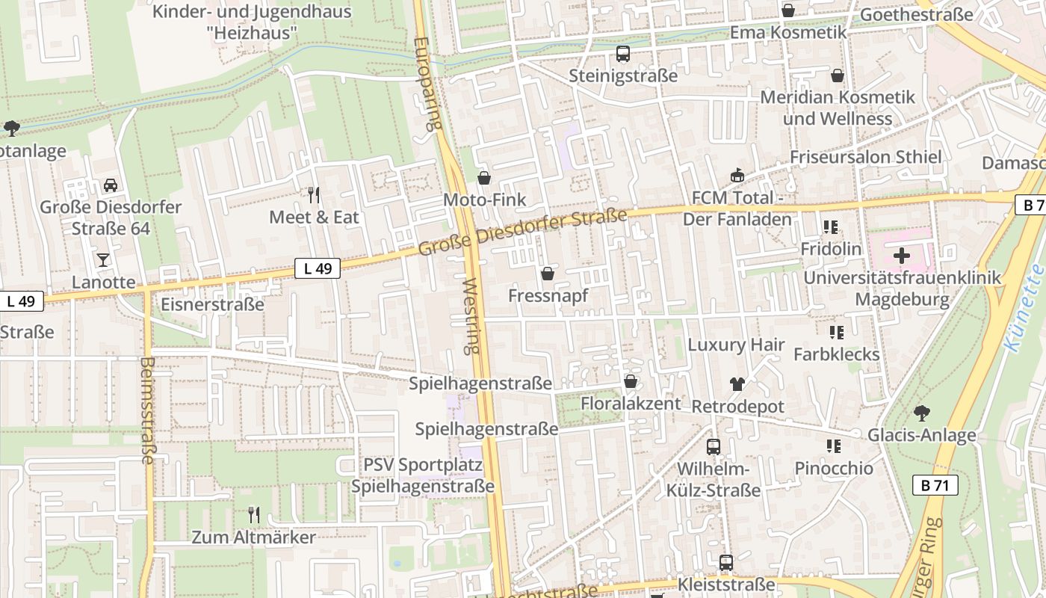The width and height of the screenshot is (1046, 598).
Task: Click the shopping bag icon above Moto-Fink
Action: (484, 178)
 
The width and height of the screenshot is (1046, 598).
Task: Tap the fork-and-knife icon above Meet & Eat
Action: (314, 195)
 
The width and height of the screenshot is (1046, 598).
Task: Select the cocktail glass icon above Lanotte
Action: (103, 260)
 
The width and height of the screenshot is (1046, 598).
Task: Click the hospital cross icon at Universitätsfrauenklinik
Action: (902, 256)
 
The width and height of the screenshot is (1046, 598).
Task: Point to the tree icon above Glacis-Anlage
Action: (922, 413)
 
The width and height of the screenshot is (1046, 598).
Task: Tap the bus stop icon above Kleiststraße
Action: (725, 563)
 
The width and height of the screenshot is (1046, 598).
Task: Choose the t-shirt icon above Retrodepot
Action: (737, 384)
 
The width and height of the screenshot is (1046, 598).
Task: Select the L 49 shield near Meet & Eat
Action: (318, 268)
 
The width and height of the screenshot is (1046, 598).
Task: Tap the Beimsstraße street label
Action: (146, 410)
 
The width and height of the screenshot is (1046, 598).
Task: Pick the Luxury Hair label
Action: (736, 345)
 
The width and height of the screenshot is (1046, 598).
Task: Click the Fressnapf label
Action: (548, 295)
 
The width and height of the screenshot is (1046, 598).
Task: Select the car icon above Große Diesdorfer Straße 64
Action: (111, 185)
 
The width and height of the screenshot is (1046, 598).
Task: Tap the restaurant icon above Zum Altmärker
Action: (254, 514)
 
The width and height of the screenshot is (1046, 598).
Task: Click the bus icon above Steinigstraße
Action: (623, 54)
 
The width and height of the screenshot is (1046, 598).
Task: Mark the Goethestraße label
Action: (917, 15)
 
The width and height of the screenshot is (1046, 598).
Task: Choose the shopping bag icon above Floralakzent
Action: (631, 382)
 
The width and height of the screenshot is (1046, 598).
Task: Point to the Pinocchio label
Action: (833, 469)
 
